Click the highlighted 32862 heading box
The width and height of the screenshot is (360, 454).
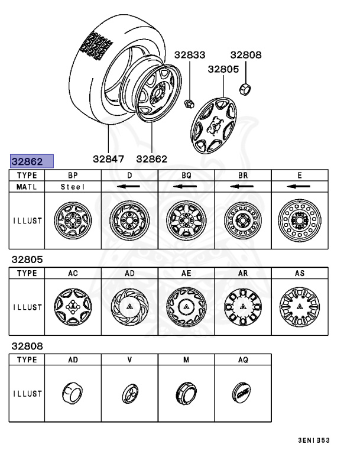[31, 161]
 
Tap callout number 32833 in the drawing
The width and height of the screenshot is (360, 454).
[189, 56]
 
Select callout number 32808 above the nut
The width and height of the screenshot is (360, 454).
[245, 56]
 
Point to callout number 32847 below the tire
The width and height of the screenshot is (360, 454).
[108, 158]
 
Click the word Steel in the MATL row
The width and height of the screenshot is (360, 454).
[73, 187]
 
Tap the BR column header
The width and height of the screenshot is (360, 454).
[243, 176]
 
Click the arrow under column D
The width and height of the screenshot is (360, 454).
[129, 187]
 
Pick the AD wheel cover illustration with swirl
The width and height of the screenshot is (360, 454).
[129, 307]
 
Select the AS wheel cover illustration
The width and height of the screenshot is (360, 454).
[299, 307]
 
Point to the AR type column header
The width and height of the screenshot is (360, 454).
[243, 274]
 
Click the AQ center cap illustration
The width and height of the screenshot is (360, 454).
[243, 392]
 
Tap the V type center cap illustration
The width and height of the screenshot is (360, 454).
[129, 393]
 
